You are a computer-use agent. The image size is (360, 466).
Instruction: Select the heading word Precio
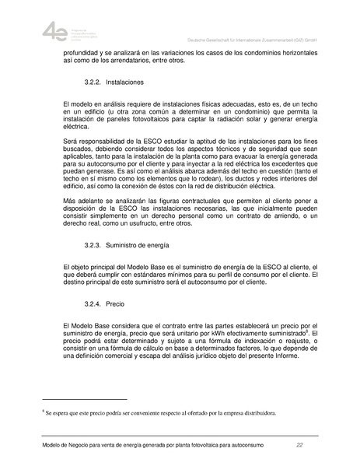tap(115, 300)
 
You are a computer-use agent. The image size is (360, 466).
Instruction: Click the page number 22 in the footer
tap(299, 445)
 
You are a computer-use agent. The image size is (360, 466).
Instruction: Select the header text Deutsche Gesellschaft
tap(215, 38)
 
